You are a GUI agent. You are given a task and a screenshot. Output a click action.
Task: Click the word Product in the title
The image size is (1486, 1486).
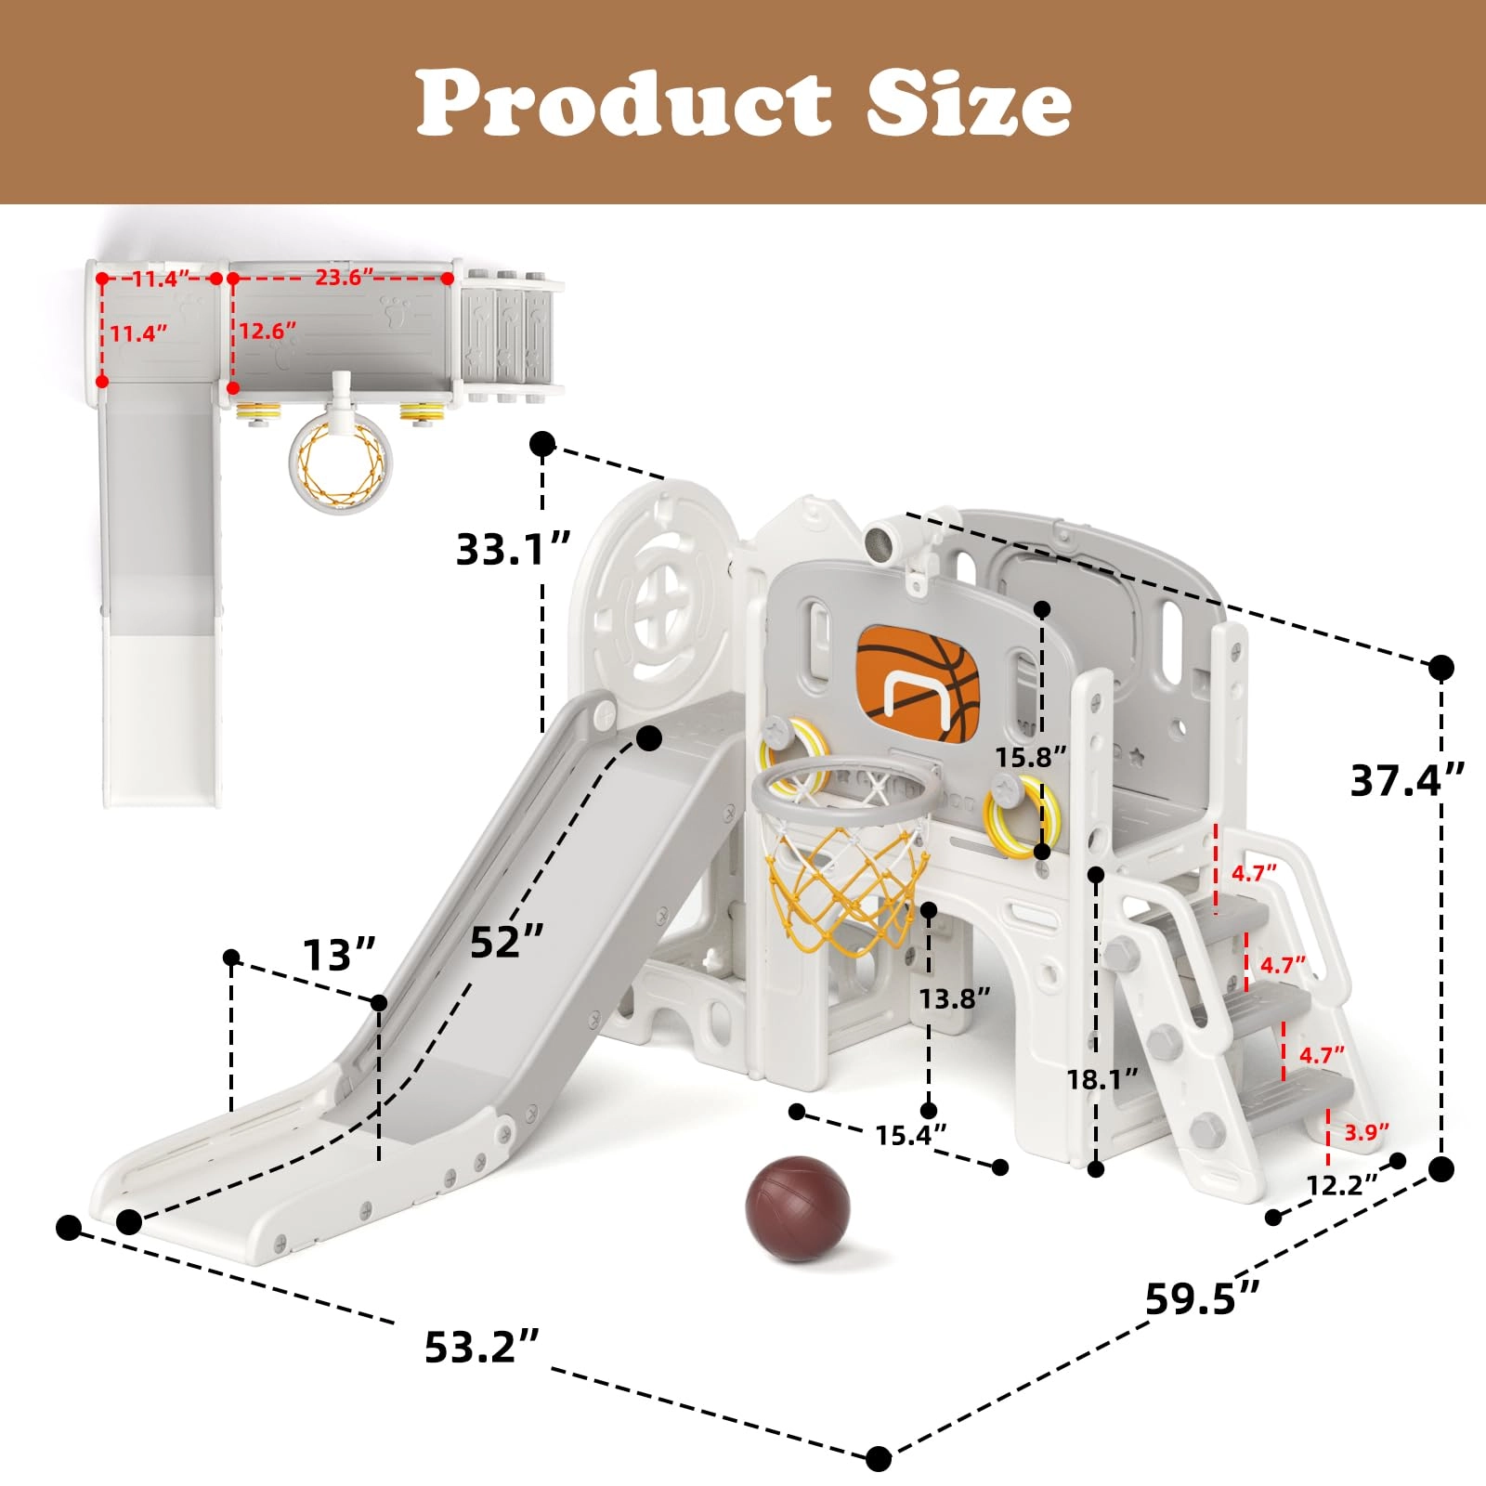coord(623,103)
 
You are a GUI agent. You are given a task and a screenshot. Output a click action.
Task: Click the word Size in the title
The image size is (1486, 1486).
coord(970,103)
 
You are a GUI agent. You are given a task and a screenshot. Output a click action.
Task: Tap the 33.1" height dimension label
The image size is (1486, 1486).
coord(513,549)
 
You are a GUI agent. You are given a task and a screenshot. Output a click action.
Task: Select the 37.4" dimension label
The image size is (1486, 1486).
coord(1407,780)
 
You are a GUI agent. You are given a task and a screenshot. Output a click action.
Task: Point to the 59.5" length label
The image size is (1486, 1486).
coord(1203,1298)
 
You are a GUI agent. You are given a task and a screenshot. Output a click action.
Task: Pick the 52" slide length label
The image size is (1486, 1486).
coord(506,942)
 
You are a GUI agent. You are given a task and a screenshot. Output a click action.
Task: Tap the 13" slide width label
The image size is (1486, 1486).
coord(340,955)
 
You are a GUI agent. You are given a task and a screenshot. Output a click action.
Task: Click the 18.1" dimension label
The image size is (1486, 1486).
coord(1102,1079)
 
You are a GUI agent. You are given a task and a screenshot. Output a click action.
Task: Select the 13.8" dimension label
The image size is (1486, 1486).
coord(955,998)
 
